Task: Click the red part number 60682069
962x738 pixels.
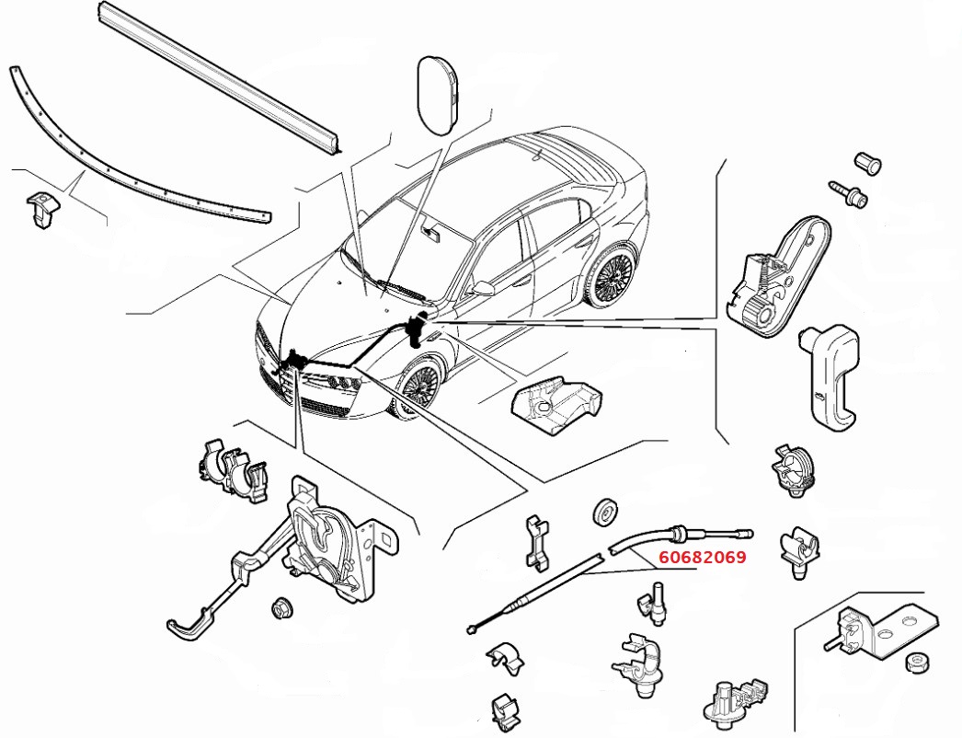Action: pyautogui.click(x=702, y=557)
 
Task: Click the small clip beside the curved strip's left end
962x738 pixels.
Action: pyautogui.click(x=40, y=209)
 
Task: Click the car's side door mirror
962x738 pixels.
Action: pyautogui.click(x=481, y=288)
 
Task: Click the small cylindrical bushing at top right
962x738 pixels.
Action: pyautogui.click(x=867, y=163)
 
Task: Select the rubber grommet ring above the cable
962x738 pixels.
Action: pyautogui.click(x=605, y=513)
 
